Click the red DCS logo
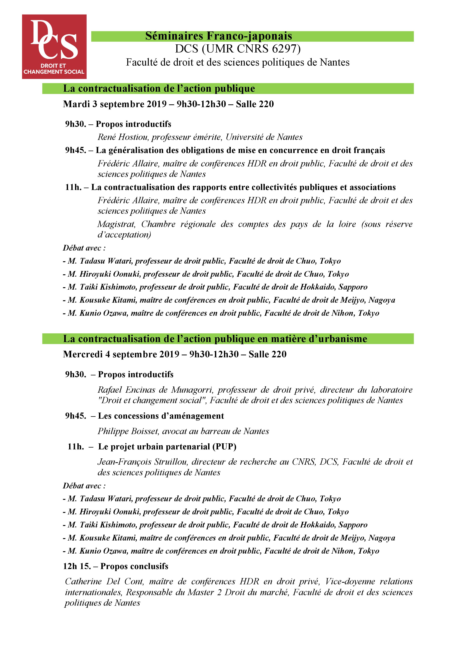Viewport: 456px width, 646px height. point(54,47)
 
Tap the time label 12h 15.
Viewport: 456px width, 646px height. point(77,566)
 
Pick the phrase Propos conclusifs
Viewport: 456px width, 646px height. point(134,566)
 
